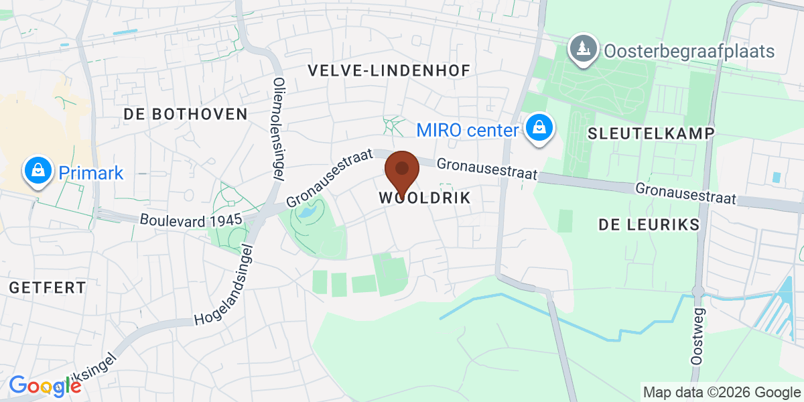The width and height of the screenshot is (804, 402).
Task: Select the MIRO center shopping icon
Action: click(x=537, y=128)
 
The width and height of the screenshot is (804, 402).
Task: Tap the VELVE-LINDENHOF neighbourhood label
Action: click(x=389, y=70)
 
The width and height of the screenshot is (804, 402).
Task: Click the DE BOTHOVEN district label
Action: click(x=186, y=114)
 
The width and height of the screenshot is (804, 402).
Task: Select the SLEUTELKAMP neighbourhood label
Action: click(x=650, y=133)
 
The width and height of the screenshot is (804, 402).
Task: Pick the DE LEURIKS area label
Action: click(x=649, y=224)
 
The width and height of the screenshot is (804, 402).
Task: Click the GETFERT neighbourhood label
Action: click(x=48, y=288)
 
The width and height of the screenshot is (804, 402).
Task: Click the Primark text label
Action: click(x=91, y=174)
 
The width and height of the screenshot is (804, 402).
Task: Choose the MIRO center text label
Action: click(x=468, y=130)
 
